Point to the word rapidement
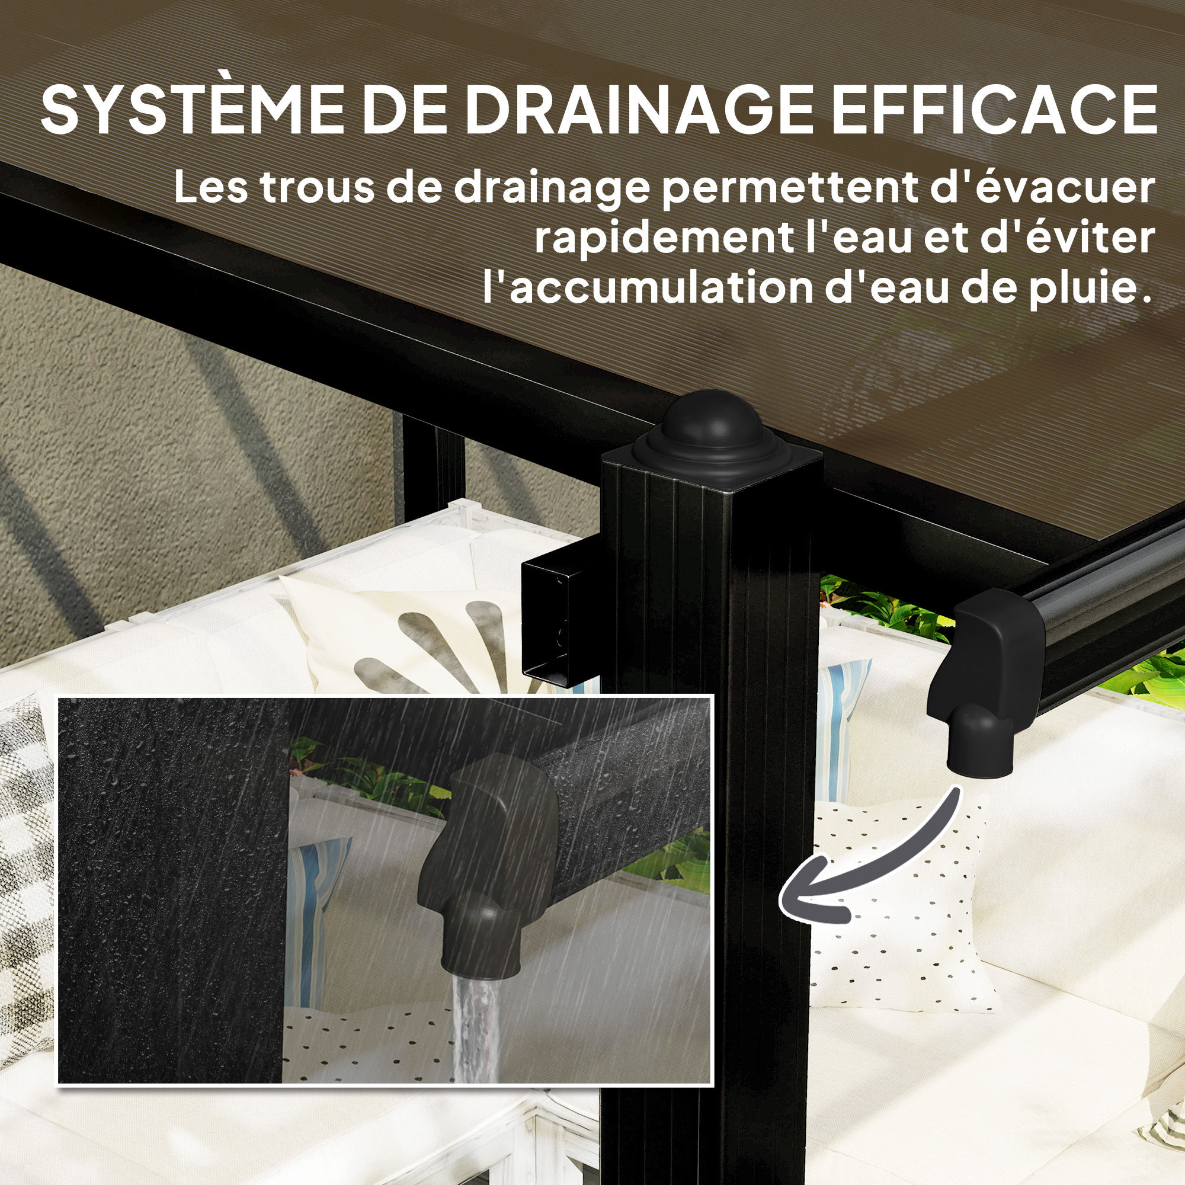click(x=663, y=239)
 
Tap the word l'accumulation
click(x=647, y=287)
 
